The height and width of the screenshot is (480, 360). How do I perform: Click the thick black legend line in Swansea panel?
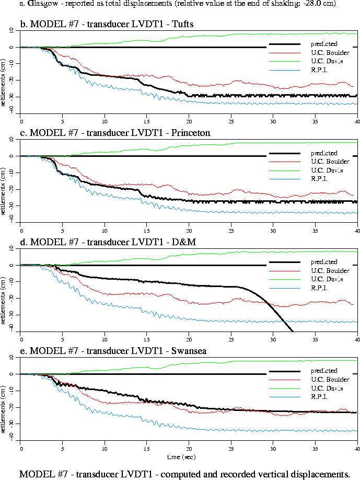(284, 371)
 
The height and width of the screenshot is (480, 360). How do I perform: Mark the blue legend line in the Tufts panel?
(284, 70)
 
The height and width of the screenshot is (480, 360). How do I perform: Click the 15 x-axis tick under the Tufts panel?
(147, 121)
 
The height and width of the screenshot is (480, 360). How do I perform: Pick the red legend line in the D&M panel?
(284, 271)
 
